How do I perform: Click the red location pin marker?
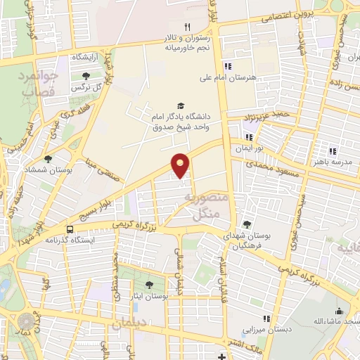[x=181, y=165]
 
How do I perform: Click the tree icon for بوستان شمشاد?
[x=48, y=160]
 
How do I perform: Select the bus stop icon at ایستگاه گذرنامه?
[x=70, y=229]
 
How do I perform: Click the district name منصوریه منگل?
[x=204, y=204]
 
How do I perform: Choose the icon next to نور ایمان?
[x=248, y=137]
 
